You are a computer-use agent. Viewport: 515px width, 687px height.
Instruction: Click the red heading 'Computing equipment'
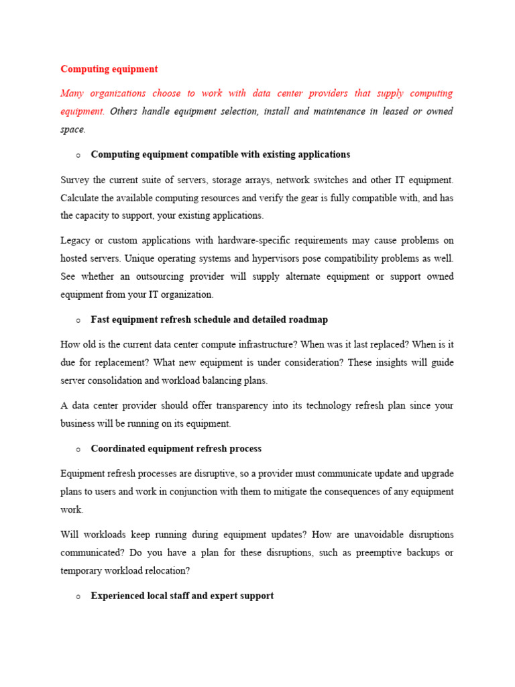click(x=109, y=69)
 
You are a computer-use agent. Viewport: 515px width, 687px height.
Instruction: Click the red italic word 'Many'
click(x=74, y=93)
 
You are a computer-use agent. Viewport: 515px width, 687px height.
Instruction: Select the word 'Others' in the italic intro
click(x=123, y=111)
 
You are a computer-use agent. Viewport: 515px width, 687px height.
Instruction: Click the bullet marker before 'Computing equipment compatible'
click(x=78, y=155)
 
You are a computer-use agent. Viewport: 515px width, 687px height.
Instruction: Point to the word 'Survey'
click(x=74, y=180)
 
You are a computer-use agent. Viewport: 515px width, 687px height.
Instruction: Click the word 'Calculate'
click(x=80, y=198)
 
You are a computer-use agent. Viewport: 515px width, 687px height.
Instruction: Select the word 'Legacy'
click(x=76, y=240)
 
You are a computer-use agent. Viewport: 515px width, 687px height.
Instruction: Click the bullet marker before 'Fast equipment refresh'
click(x=78, y=321)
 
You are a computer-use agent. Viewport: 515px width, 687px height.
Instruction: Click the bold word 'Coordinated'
click(x=118, y=448)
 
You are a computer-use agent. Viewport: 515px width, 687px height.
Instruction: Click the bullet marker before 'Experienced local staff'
click(x=78, y=596)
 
